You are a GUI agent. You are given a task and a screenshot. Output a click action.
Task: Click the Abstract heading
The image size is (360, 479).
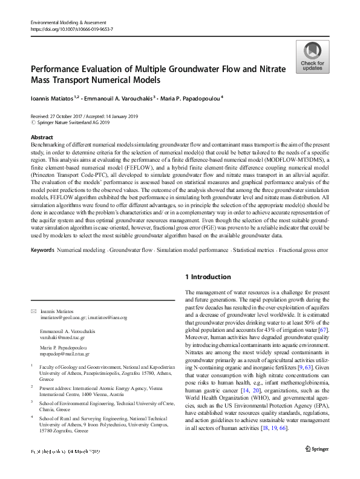(x=41, y=138)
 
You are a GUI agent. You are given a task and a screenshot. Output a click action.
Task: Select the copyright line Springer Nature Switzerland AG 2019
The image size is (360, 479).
(x=74, y=122)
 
